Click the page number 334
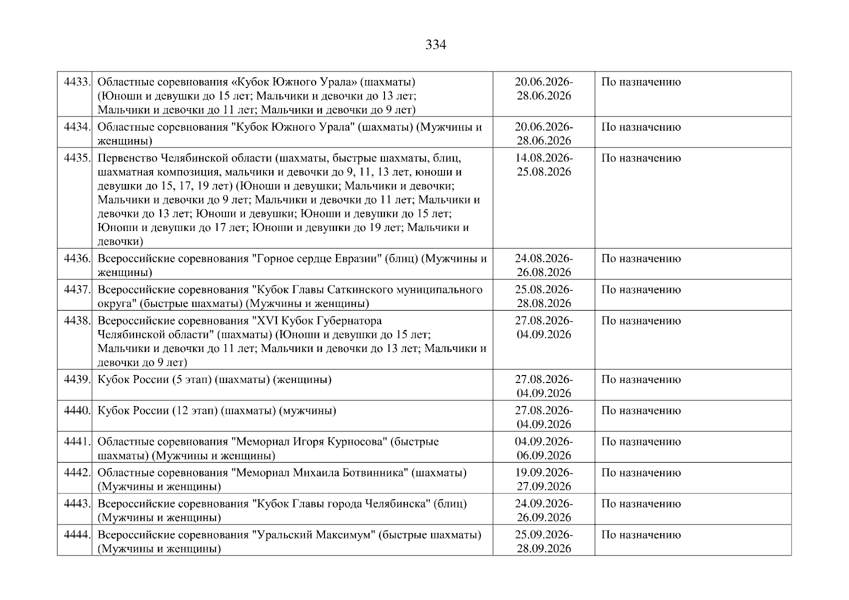point(435,45)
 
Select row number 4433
point(77,81)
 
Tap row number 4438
point(77,320)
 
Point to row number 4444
point(77,534)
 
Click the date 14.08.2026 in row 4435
point(543,158)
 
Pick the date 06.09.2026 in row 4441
point(543,455)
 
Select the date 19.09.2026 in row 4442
point(543,472)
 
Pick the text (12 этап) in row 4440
point(194,410)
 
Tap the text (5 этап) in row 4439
point(191,379)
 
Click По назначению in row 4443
point(640,503)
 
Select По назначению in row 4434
point(640,127)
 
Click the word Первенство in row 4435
point(127,158)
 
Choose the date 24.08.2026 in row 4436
point(543,258)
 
